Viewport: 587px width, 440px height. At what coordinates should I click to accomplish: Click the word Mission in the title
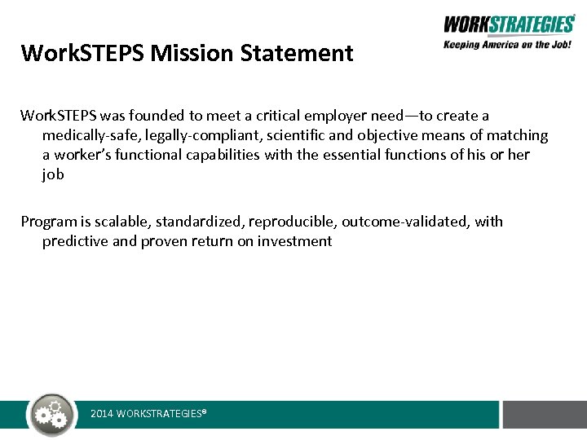point(187,54)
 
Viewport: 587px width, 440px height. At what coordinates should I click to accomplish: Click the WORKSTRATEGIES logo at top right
point(509,24)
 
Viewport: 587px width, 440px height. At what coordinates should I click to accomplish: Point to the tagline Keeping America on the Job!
point(508,45)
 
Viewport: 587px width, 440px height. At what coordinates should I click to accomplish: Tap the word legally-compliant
point(190,135)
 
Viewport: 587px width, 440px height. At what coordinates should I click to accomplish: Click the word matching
point(519,135)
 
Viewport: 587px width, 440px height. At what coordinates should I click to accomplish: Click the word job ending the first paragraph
point(53,174)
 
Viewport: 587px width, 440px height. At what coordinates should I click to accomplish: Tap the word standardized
point(200,222)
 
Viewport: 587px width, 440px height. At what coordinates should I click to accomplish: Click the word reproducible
point(294,222)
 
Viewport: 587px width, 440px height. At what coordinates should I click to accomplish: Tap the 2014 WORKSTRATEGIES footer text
point(148,414)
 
